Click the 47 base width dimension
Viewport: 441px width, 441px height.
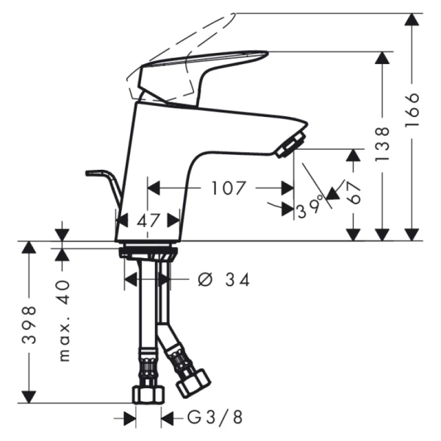pyautogui.click(x=148, y=219)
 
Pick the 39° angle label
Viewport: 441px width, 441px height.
pyautogui.click(x=309, y=210)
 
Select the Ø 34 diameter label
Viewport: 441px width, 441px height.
pyautogui.click(x=223, y=279)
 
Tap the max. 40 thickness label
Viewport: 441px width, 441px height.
pyautogui.click(x=64, y=320)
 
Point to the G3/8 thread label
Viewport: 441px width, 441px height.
pyautogui.click(x=214, y=417)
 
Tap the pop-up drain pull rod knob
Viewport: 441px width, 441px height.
pyautogui.click(x=93, y=173)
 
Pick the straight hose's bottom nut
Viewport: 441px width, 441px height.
pyautogui.click(x=147, y=394)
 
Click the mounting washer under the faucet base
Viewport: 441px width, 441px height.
pyautogui.click(x=148, y=252)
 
